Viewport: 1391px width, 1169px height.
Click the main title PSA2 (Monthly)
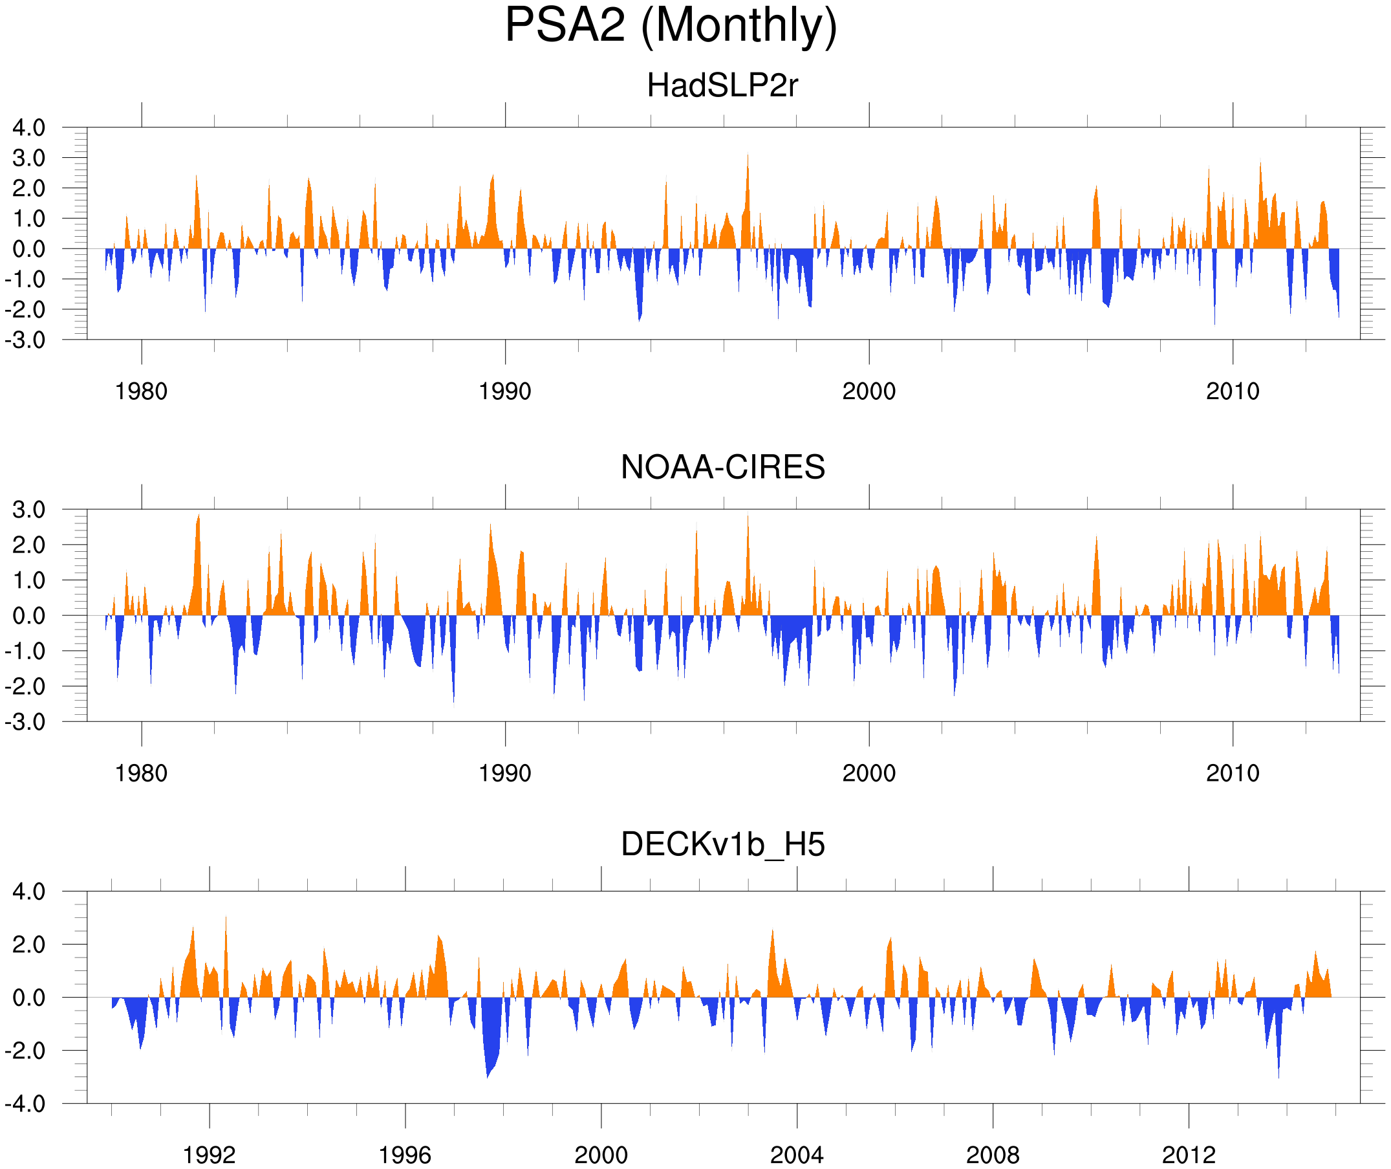(x=671, y=27)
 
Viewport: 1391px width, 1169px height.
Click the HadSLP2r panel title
(x=722, y=86)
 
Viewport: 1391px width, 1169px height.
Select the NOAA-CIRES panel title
(x=722, y=467)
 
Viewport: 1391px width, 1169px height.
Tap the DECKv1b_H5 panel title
(x=722, y=845)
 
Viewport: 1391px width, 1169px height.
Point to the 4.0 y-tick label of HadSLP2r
(x=29, y=128)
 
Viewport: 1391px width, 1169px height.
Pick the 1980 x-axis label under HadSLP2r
(x=141, y=391)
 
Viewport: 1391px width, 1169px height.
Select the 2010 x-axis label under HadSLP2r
(x=1232, y=391)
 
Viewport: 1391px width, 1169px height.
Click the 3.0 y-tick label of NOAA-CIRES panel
(x=29, y=510)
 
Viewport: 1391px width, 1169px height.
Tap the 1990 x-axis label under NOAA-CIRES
(x=505, y=773)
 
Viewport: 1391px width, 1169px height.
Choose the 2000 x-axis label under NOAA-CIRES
(x=868, y=773)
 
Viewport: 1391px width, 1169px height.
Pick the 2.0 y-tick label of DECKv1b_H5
(x=29, y=945)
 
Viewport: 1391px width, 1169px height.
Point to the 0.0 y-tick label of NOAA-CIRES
(x=29, y=617)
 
